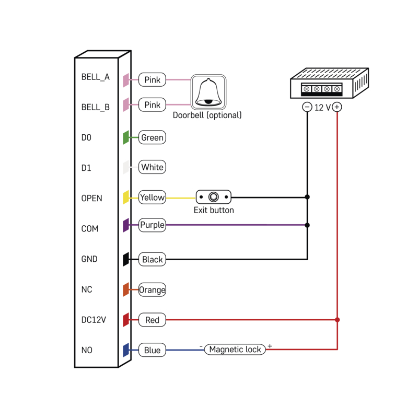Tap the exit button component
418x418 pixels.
(x=213, y=197)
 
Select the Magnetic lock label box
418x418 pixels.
(x=235, y=350)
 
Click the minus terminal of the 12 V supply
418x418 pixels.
(x=307, y=107)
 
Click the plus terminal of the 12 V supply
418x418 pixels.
(x=337, y=107)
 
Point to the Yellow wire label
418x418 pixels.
(x=152, y=198)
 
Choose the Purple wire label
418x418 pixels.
(x=152, y=225)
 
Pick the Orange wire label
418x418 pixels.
(x=152, y=290)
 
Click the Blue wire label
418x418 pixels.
(x=152, y=350)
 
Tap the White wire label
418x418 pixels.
(x=152, y=167)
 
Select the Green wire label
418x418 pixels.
(x=152, y=138)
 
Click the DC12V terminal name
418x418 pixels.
(x=94, y=320)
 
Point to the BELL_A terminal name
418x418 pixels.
(x=95, y=77)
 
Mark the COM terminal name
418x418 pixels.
(x=90, y=229)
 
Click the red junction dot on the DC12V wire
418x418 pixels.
(x=337, y=320)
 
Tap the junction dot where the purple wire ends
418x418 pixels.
(x=307, y=225)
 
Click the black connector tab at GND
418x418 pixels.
(x=126, y=259)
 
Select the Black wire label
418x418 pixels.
(x=152, y=259)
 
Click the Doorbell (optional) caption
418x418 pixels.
(x=207, y=115)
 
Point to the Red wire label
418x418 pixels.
(x=152, y=320)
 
